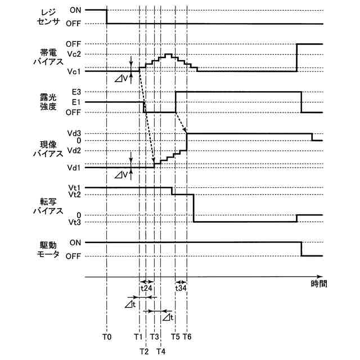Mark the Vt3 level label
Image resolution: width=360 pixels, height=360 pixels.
tap(75, 222)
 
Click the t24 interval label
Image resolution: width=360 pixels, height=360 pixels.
tap(146, 288)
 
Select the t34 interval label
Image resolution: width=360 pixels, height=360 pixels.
tap(181, 288)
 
